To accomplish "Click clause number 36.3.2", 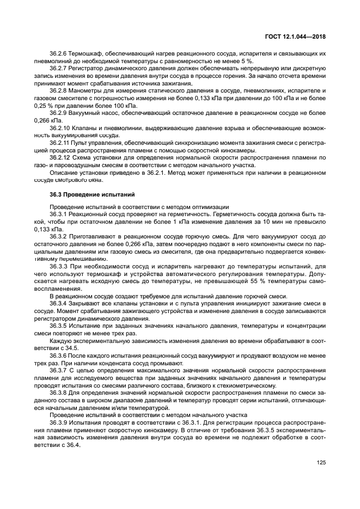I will pyautogui.click(x=58, y=237).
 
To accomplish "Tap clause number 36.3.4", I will pyautogui.click(x=58, y=303).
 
